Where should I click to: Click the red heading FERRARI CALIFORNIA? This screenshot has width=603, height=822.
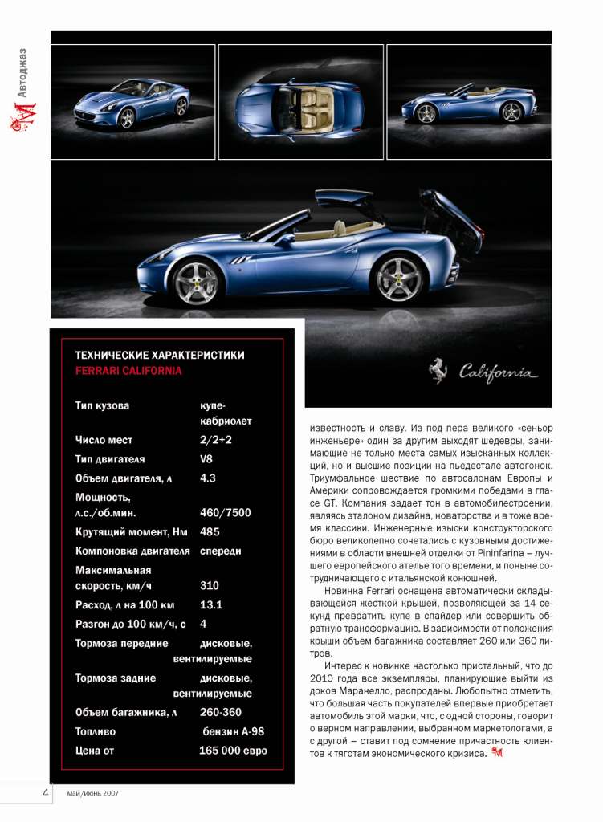coord(128,371)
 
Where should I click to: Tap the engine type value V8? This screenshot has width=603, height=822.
coord(206,459)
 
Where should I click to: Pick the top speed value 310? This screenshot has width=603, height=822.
coord(209,586)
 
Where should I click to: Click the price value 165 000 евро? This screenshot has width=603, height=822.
coord(233,751)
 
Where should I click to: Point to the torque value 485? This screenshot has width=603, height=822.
coord(210,531)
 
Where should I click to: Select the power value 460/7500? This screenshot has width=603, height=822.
coord(225,513)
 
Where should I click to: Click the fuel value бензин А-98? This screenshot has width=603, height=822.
coord(233,731)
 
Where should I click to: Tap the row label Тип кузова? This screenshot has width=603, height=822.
coord(102,405)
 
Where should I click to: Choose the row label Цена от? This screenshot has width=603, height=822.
coord(95,751)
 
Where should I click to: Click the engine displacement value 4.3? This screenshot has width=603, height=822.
coord(208,478)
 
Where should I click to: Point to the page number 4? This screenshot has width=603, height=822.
coord(46,792)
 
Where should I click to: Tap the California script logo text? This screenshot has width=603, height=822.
coord(498,372)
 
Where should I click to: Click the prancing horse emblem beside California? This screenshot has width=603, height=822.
coord(438,370)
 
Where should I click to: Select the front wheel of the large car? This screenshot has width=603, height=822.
coord(195,282)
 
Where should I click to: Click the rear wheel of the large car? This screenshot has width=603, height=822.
coord(399,278)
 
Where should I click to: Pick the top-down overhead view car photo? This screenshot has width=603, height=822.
coord(301,102)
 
